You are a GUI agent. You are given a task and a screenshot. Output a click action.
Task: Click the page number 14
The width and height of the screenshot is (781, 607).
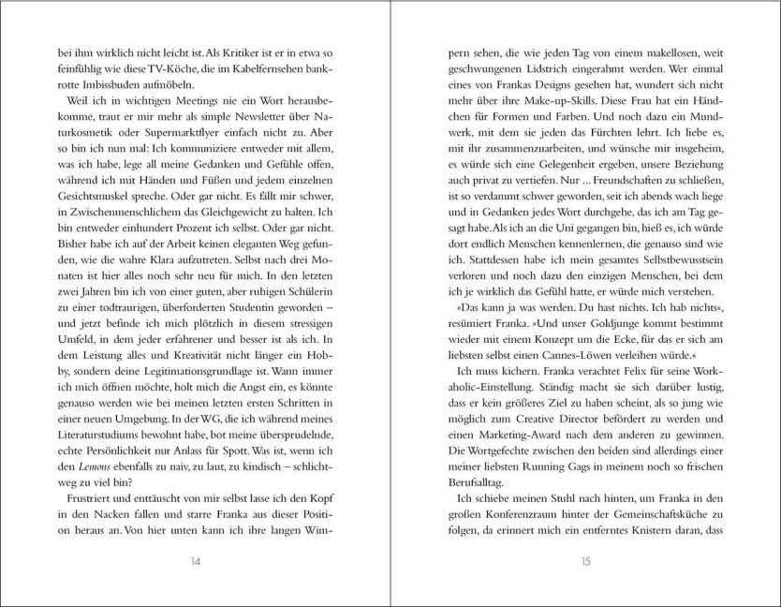(195, 561)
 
